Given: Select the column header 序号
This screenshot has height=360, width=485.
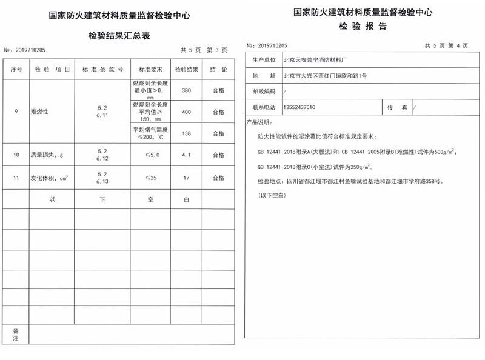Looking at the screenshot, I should pos(16,70).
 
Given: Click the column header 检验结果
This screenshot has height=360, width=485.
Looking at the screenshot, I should pos(186,70).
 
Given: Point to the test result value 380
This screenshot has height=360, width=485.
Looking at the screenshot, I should pos(186,90).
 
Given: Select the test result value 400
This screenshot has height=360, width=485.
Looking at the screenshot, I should pos(186,112).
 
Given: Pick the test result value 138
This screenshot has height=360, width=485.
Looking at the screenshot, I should pos(186,133).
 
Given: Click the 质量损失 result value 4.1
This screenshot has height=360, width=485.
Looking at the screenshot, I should pos(186,155).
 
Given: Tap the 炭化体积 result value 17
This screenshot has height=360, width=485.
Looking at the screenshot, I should pos(186,178).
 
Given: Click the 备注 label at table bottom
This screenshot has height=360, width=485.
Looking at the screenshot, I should pos(16,334).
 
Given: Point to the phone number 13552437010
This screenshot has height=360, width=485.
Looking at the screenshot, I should pos(299,107).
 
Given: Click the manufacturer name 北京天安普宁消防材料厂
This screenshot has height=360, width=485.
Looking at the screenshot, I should pos(317,60).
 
